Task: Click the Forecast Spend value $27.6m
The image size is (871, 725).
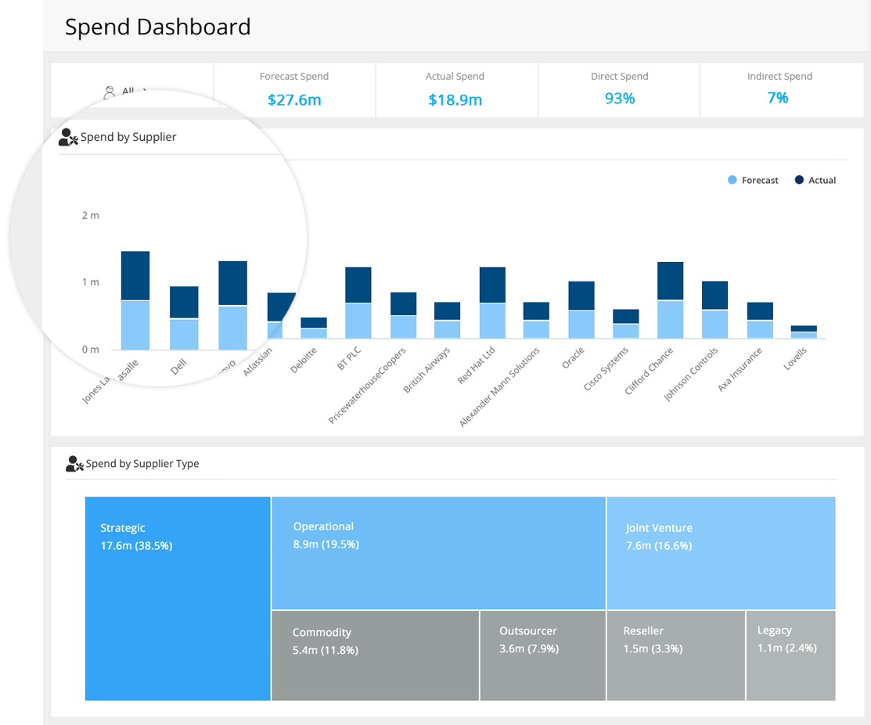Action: [294, 100]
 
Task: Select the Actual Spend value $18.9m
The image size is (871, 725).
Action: [455, 100]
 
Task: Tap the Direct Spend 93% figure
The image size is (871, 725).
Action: [619, 99]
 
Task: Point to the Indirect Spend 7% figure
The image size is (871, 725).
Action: [778, 98]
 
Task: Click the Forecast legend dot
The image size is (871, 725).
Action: [732, 180]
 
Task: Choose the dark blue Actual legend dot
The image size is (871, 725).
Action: [799, 180]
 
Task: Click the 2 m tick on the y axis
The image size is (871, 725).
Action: [91, 215]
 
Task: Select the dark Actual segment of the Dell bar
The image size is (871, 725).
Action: [184, 302]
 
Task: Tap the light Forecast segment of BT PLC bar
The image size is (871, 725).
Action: [358, 321]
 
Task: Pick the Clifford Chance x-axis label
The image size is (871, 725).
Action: [650, 371]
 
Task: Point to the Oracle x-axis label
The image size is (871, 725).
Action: [574, 357]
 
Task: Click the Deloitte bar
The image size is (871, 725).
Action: [314, 328]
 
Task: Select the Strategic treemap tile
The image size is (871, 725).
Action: [178, 598]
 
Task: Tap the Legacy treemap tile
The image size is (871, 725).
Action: [790, 655]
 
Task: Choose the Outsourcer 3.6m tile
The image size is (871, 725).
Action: [542, 655]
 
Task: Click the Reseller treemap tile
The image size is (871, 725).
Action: [675, 655]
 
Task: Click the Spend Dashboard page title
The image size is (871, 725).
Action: [158, 27]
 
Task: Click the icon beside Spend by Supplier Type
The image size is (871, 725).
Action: [74, 464]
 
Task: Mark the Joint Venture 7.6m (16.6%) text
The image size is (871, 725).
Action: [659, 537]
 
